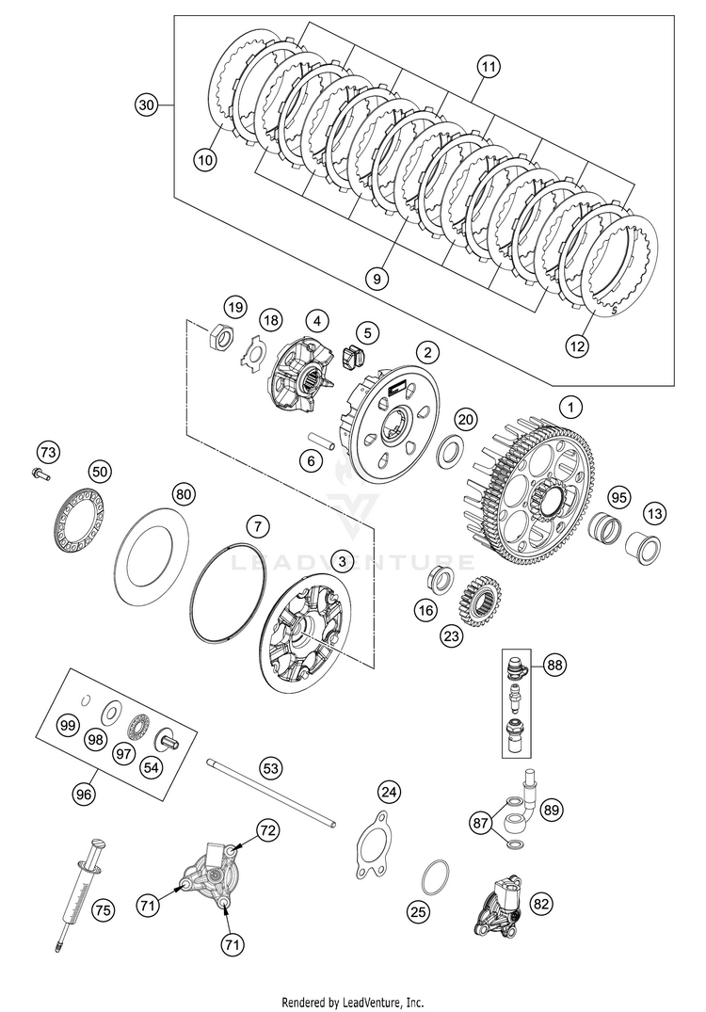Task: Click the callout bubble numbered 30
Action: [x=145, y=106]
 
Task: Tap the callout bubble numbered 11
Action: [x=488, y=68]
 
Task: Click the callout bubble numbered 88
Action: [x=556, y=666]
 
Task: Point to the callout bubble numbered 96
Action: [x=84, y=794]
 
